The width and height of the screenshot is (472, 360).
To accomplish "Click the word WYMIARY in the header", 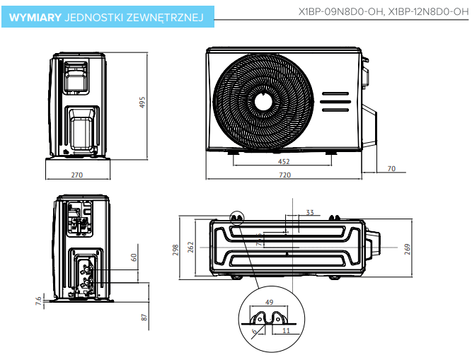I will pyautogui.click(x=34, y=15).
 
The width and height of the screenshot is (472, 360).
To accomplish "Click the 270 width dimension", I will pyautogui.click(x=78, y=175).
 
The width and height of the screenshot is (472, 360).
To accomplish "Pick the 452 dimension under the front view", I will pyautogui.click(x=283, y=162).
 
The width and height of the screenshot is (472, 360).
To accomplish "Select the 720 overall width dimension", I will pyautogui.click(x=284, y=175).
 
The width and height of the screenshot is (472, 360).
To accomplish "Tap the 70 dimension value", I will pyautogui.click(x=391, y=169).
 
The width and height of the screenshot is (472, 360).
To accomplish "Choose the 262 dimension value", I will pyautogui.click(x=190, y=247).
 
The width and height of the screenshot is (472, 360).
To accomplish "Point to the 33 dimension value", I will pyautogui.click(x=309, y=212).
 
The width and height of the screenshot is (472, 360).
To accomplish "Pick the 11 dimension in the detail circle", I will pyautogui.click(x=286, y=330).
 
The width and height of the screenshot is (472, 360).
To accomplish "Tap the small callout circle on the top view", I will pyautogui.click(x=236, y=217).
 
